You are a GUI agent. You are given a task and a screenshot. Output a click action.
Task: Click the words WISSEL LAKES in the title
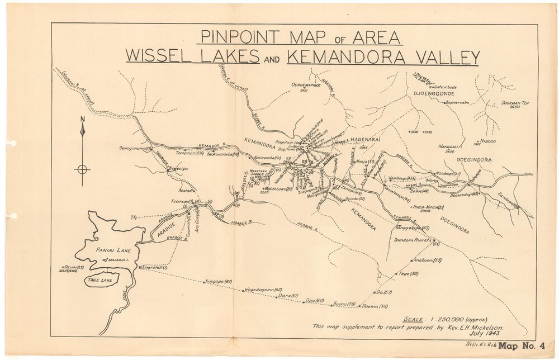pos(192,57)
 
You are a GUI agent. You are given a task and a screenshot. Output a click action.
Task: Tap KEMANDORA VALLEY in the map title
pos(383,57)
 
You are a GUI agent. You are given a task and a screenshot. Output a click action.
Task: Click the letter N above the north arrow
pos(82,119)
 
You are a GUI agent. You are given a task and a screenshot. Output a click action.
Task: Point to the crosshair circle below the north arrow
pos(82,169)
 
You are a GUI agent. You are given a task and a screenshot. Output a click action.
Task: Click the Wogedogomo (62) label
pos(262,290)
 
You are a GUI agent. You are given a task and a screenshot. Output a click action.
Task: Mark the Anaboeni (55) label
pos(428,260)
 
